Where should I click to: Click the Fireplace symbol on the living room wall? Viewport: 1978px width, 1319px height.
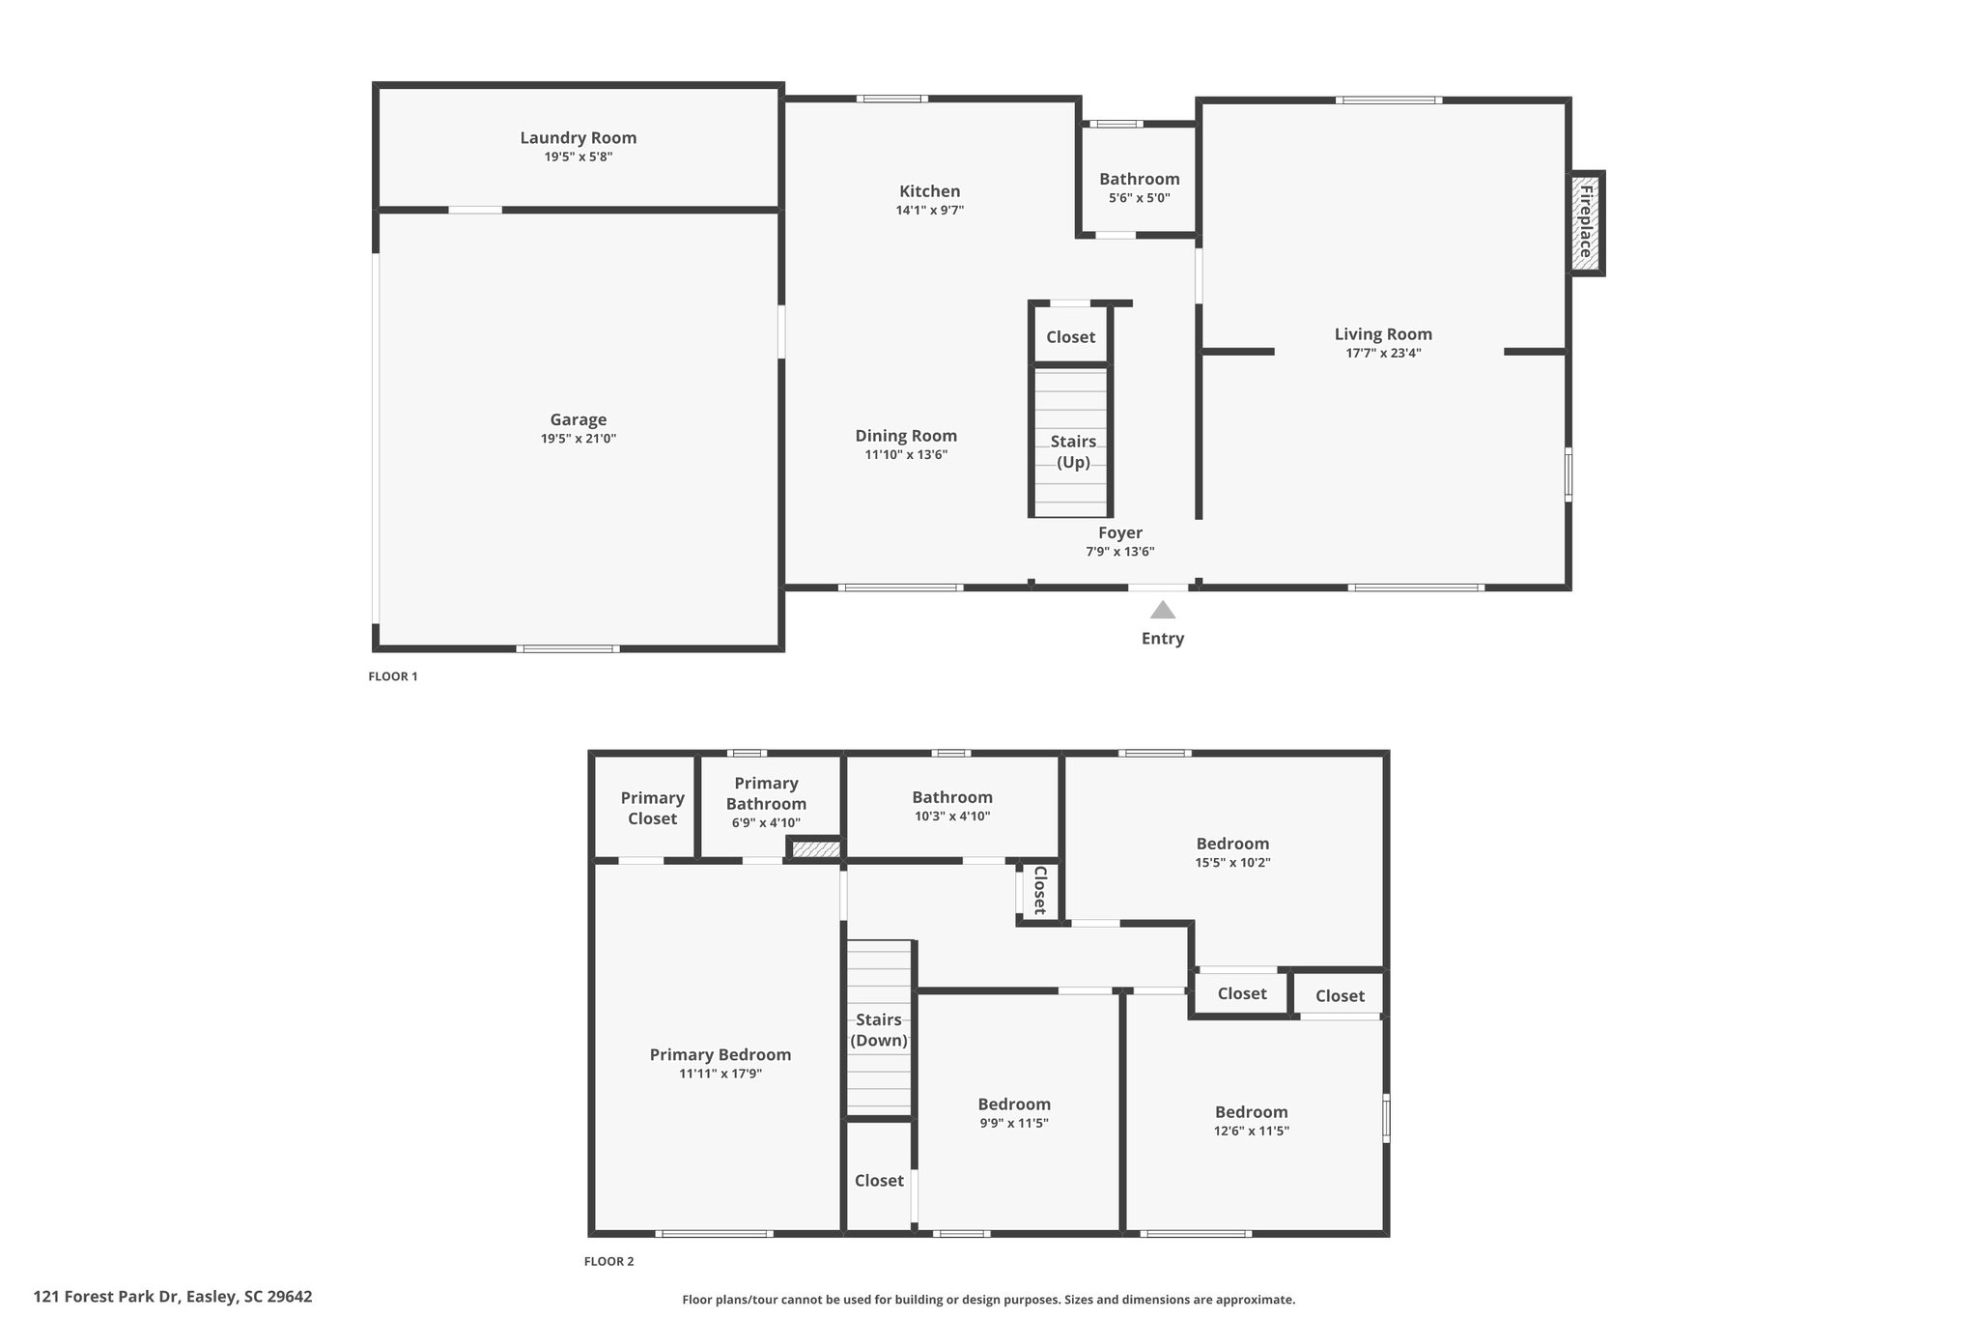[x=1586, y=223]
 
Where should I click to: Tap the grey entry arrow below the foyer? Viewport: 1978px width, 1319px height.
[x=1163, y=610]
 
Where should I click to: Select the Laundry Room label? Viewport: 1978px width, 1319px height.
[x=579, y=138]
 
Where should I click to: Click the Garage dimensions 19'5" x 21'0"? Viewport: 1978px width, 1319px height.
[x=579, y=439]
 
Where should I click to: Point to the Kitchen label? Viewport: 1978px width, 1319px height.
[x=930, y=191]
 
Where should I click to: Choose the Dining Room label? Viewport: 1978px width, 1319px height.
[x=906, y=436]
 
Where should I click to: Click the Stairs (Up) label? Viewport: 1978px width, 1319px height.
[x=1073, y=451]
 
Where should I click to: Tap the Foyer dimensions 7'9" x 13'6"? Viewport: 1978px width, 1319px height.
[x=1120, y=552]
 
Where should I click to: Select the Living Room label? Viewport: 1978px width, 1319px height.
[x=1383, y=334]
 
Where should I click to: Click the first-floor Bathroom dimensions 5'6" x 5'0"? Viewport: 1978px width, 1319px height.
[x=1140, y=198]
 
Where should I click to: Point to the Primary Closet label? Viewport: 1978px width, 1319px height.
[x=653, y=808]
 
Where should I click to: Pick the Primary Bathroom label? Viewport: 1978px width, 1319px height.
[x=766, y=793]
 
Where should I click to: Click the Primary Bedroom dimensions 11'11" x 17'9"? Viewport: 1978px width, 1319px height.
[x=721, y=1074]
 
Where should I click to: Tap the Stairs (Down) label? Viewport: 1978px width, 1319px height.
[x=879, y=1030]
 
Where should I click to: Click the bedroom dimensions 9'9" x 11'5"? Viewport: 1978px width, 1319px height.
[x=1014, y=1123]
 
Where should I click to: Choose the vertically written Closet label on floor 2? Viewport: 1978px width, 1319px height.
[x=1040, y=890]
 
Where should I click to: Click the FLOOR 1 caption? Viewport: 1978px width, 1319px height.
[x=393, y=676]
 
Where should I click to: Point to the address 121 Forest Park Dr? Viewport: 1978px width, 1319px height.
[x=106, y=1297]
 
